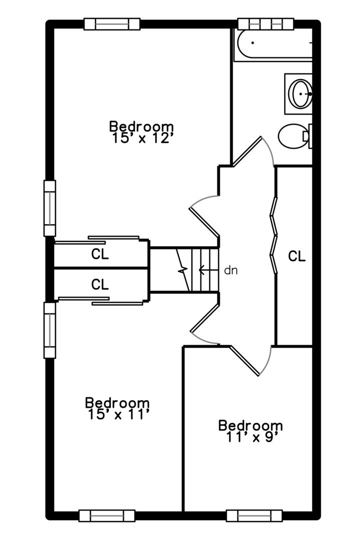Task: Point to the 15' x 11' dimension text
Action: coord(117,414)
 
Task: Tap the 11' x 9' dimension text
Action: coord(250,437)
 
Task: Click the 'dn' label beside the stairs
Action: coord(230,270)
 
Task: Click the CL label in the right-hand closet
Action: coord(296,256)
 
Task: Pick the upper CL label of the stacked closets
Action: coord(100,254)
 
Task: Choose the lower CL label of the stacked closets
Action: coord(100,284)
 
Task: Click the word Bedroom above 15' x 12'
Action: coord(142,126)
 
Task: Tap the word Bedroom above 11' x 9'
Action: coord(250,426)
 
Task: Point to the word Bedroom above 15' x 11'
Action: coord(117,402)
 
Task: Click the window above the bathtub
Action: coord(265,23)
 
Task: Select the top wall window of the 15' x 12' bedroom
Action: coord(112,23)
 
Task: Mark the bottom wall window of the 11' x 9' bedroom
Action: coord(254,515)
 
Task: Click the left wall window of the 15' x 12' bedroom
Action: coord(50,208)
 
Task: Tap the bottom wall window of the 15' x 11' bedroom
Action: coord(107,515)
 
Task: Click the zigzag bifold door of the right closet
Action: coord(273,235)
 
